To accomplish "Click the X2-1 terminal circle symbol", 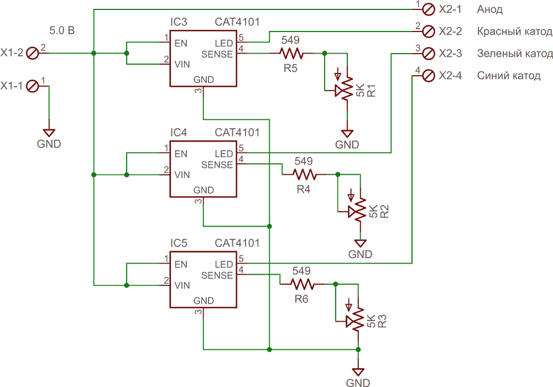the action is (x=428, y=9).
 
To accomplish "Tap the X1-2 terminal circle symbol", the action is (x=33, y=53).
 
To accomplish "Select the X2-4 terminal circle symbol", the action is (x=428, y=76).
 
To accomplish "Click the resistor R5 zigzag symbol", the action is (x=291, y=53).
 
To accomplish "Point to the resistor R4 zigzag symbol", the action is (x=304, y=175).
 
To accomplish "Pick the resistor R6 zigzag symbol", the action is (x=302, y=284).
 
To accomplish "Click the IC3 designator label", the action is (x=179, y=22).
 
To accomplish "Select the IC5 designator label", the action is (x=179, y=243).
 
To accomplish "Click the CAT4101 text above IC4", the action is (x=237, y=133).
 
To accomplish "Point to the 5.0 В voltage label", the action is (x=62, y=30).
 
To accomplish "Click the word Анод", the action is (x=489, y=9).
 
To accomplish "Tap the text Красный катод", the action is (x=514, y=32).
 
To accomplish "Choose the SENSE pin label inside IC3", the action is (x=217, y=55).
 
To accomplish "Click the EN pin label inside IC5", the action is (x=181, y=264).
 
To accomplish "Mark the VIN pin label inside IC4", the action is (x=182, y=175).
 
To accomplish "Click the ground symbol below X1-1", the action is (x=49, y=133).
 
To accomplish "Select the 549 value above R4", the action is (x=304, y=161).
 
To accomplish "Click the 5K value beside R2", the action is (x=373, y=211).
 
